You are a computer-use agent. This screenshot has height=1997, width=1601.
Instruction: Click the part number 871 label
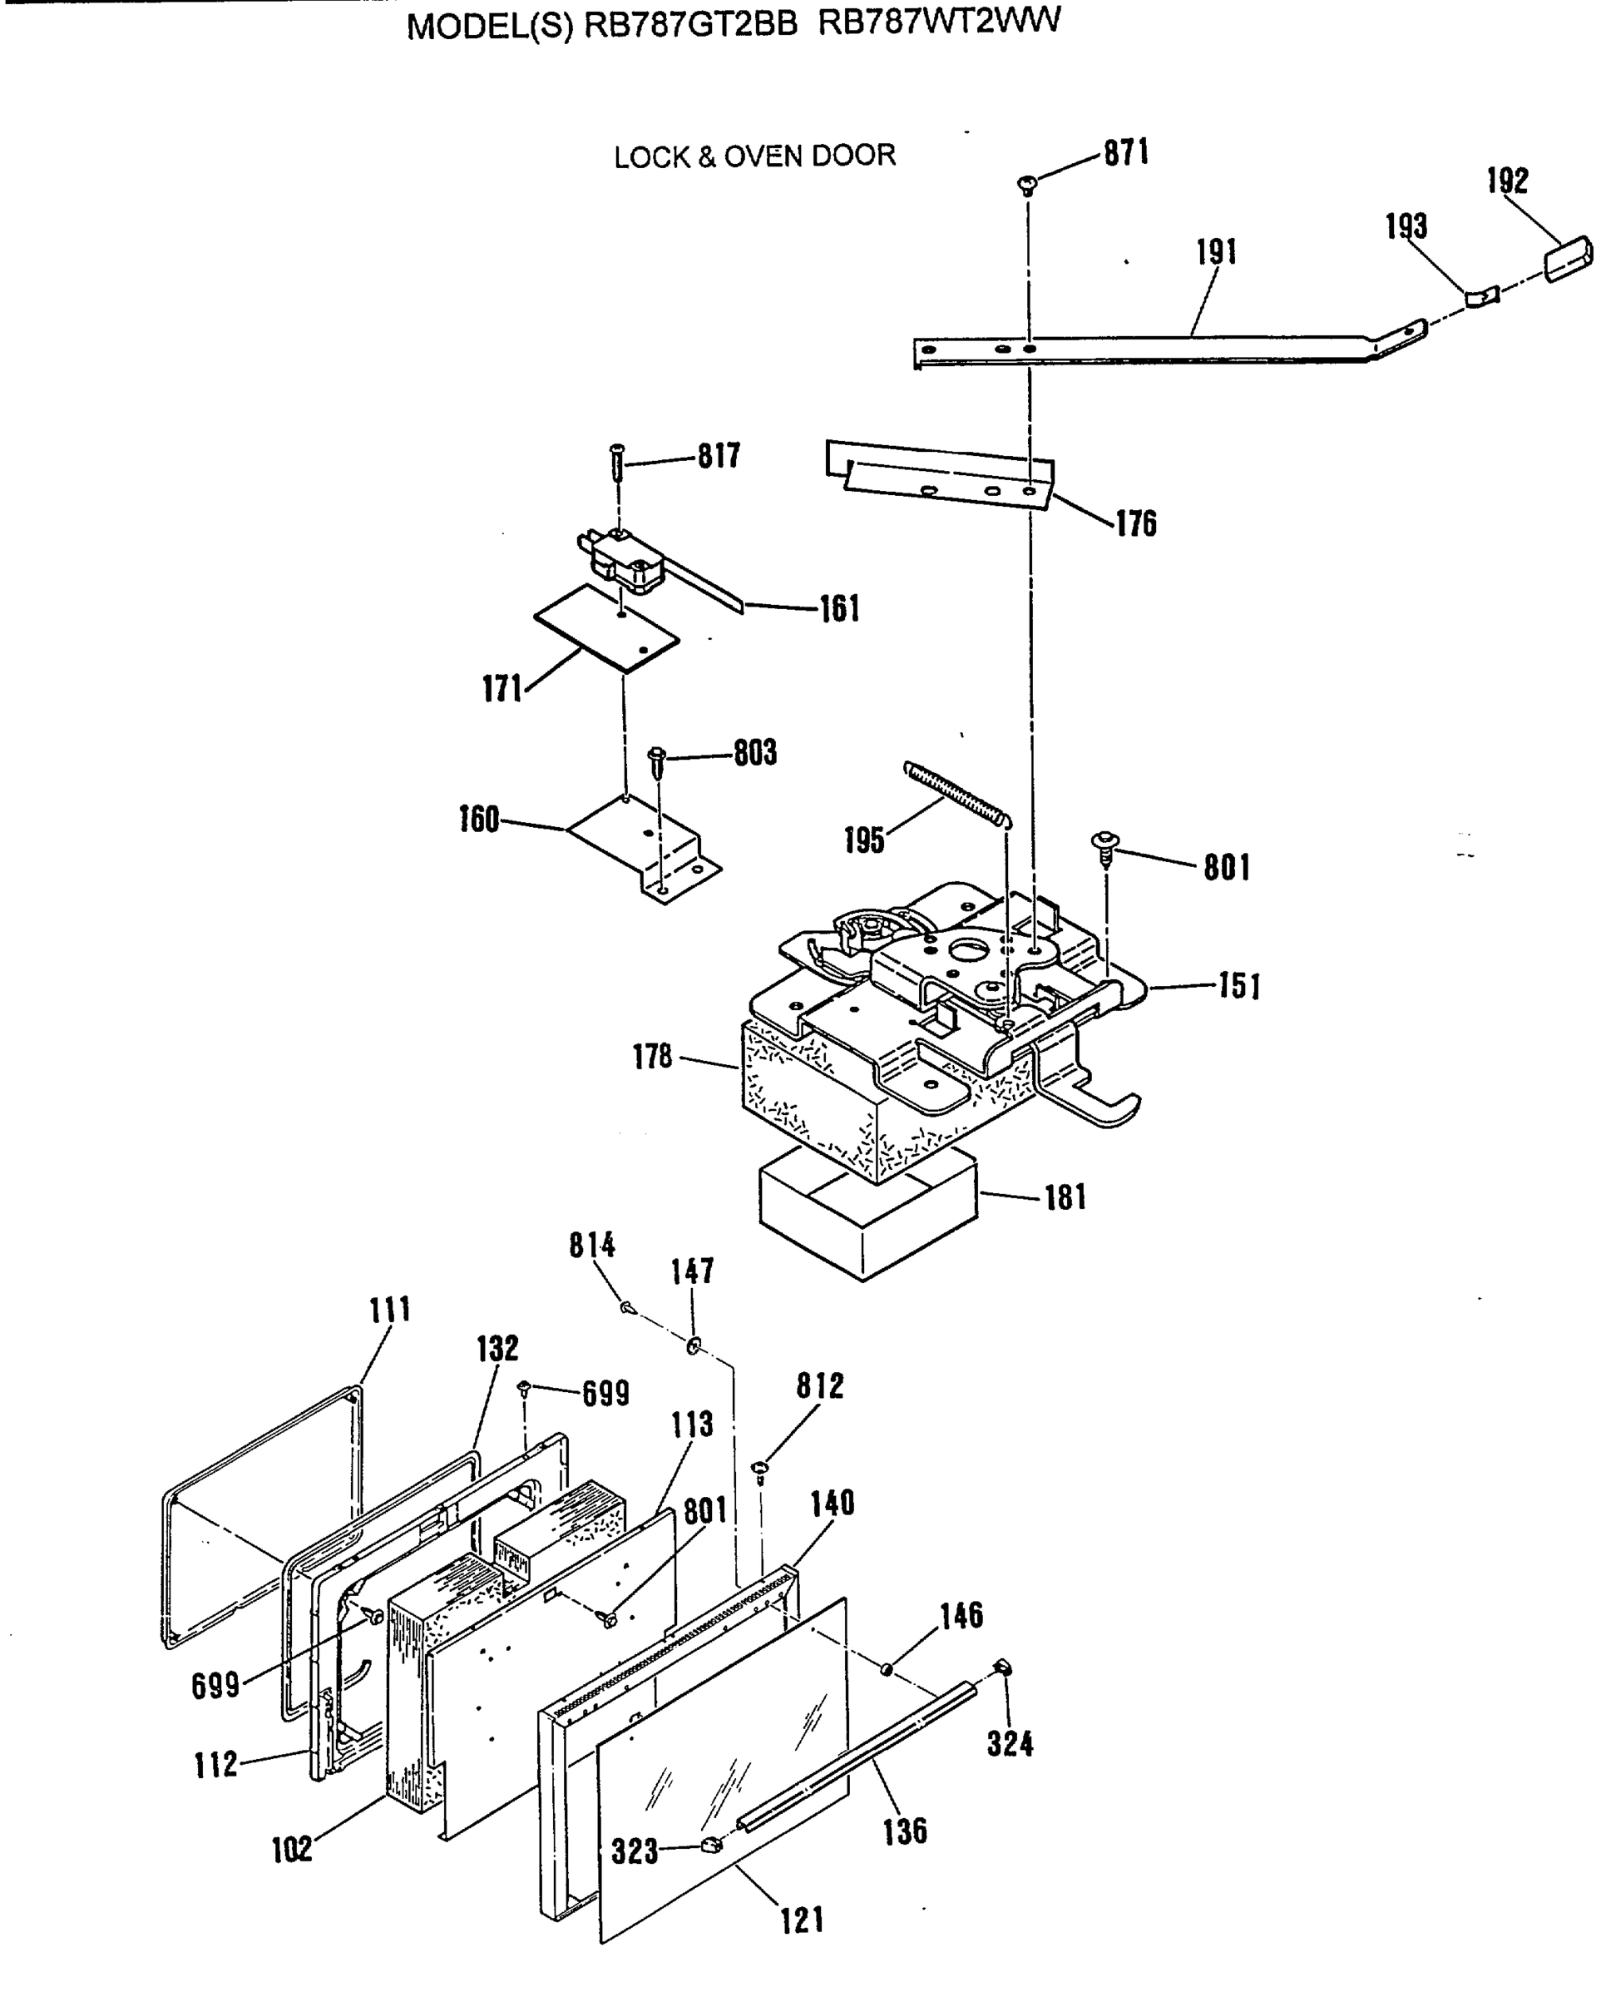pyautogui.click(x=1126, y=153)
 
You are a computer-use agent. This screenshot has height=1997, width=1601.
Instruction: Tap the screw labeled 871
pyautogui.click(x=1028, y=185)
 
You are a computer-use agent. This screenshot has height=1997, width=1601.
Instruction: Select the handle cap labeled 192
pyautogui.click(x=1569, y=259)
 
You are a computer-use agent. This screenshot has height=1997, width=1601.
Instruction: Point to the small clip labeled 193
pyautogui.click(x=1480, y=297)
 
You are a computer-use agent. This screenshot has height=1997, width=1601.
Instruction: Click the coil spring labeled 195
pyautogui.click(x=957, y=793)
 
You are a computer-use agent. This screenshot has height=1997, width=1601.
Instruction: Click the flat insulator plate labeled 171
pyautogui.click(x=606, y=627)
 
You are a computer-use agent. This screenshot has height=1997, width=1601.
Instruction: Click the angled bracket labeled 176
pyautogui.click(x=940, y=473)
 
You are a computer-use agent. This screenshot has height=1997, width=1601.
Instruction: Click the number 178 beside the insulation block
pyautogui.click(x=652, y=1057)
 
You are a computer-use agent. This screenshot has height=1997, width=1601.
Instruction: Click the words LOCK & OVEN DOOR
pyautogui.click(x=754, y=156)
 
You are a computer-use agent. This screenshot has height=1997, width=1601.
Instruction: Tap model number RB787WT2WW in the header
pyautogui.click(x=939, y=22)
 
